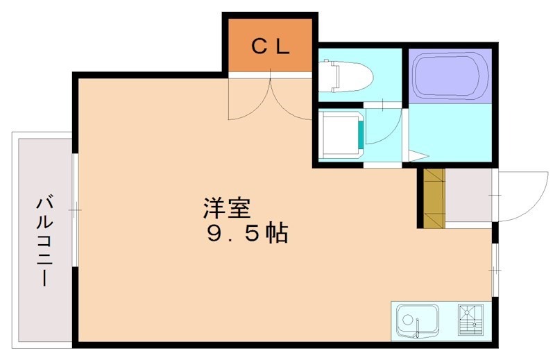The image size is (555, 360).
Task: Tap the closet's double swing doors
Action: click(270, 101)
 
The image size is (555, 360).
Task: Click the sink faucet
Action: click(418, 332)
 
